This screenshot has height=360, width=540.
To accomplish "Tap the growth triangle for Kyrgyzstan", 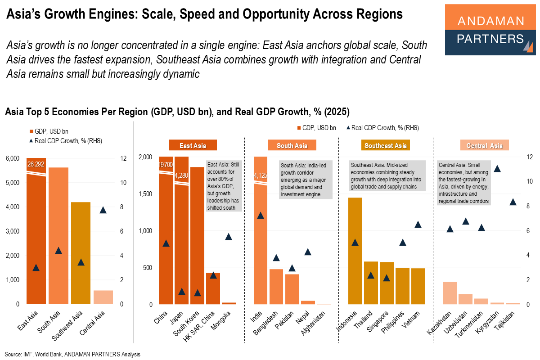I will click(497, 169).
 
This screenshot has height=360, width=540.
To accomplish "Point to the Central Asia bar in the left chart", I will click(103, 297).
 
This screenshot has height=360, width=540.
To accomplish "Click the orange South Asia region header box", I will click(292, 145).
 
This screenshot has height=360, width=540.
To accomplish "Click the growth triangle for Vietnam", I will click(418, 224).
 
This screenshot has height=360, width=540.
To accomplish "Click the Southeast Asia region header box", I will click(386, 145).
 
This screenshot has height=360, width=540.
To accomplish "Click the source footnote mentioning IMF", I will click(72, 354).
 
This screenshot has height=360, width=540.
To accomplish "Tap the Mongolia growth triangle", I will click(229, 236).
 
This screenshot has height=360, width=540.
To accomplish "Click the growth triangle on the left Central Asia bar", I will click(103, 210).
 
